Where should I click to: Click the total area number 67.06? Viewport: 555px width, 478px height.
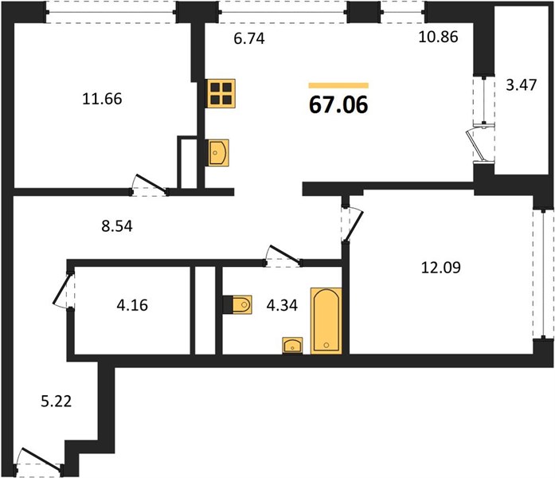click(338, 105)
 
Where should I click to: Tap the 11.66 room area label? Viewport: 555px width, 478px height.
click(102, 99)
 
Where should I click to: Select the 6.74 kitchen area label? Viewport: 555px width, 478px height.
click(249, 38)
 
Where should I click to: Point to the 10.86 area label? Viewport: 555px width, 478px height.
click(438, 37)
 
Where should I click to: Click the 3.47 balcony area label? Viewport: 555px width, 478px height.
click(521, 85)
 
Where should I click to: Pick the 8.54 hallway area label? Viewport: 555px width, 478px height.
click(117, 226)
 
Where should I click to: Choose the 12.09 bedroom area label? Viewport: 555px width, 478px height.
click(441, 268)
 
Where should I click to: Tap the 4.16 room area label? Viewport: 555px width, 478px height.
click(132, 305)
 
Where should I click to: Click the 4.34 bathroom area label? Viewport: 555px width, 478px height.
click(282, 305)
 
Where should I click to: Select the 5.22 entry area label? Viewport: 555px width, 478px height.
click(57, 402)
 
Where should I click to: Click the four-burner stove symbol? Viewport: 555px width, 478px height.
click(221, 93)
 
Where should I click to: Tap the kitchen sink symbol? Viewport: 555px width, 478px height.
click(218, 153)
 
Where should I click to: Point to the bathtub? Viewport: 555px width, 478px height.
click(326, 321)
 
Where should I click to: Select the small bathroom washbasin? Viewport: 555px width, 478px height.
click(292, 346)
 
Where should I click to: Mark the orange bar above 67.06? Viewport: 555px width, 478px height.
click(338, 85)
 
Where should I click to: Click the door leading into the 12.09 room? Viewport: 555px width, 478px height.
click(353, 225)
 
